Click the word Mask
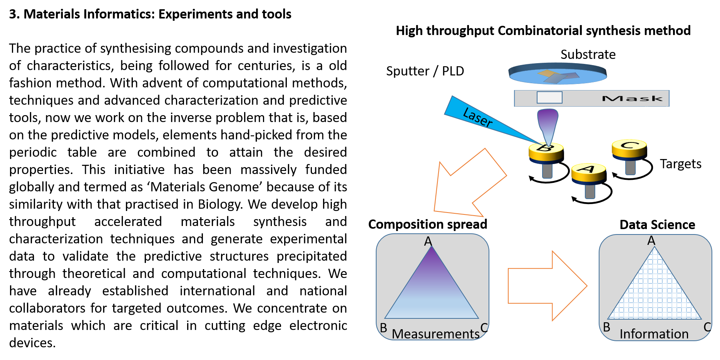coord(632,99)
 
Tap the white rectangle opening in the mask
coord(549,97)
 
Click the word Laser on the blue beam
coord(477,117)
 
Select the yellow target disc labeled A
coord(588,171)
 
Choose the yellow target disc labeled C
coord(629,148)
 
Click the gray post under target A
coord(590,191)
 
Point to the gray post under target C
coord(630,167)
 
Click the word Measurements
coord(435,334)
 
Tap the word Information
coord(654,334)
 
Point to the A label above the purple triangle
coord(428,241)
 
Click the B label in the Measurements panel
coord(383,328)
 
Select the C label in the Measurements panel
coord(484,328)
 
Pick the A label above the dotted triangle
coord(651,241)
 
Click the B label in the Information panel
coord(607,327)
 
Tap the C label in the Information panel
coord(707,327)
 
